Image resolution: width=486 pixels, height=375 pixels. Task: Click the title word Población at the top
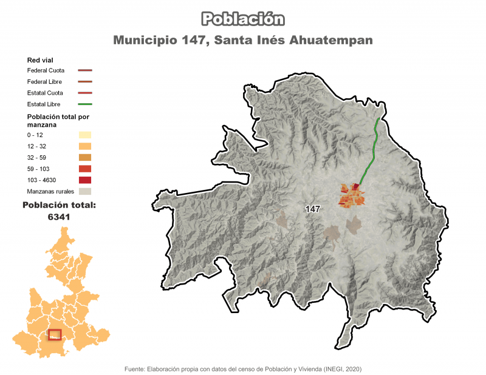(x=243, y=19)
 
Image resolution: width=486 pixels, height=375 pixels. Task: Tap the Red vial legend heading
(x=40, y=60)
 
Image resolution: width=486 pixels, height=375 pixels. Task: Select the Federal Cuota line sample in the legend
(x=84, y=70)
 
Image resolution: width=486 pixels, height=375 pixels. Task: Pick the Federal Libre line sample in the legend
(x=84, y=81)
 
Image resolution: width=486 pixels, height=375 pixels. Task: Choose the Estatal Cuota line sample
(x=84, y=93)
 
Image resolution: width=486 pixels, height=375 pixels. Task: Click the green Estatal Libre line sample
(x=84, y=104)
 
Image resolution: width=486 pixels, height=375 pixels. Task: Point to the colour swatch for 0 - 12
(x=84, y=135)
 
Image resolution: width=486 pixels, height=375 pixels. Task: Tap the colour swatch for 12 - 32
(x=84, y=146)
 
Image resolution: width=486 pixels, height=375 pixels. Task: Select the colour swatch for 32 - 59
(x=84, y=157)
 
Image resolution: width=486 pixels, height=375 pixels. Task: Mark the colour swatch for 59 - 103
(x=84, y=169)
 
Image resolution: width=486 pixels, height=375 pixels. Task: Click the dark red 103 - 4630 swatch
(x=84, y=180)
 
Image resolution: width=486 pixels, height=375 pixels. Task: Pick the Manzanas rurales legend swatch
(x=84, y=191)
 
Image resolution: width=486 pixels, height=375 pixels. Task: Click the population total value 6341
(x=59, y=217)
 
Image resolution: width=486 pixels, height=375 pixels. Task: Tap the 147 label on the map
(x=313, y=209)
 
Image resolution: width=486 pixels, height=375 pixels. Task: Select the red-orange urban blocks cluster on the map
(x=352, y=195)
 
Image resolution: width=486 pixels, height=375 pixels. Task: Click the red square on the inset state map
(x=55, y=334)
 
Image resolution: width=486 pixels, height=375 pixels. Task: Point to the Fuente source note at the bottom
(x=243, y=368)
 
